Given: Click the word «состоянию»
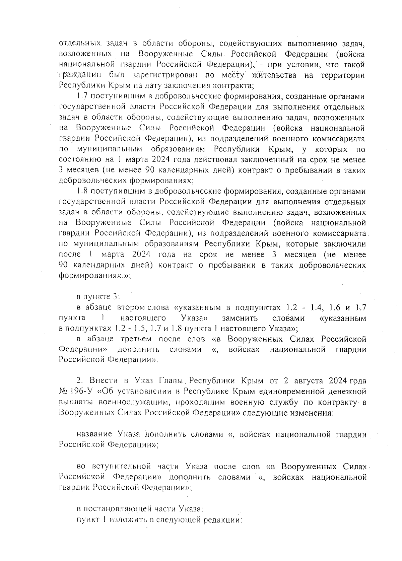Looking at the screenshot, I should (x=78, y=160).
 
